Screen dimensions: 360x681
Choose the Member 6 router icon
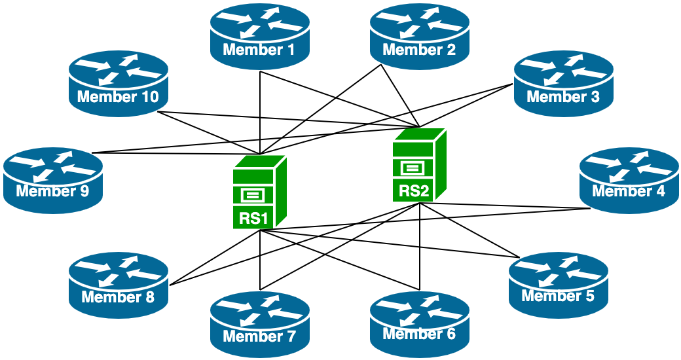(x=420, y=321)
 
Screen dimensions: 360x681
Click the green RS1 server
(x=259, y=191)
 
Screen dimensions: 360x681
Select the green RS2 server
(x=419, y=164)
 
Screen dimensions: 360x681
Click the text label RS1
(x=253, y=218)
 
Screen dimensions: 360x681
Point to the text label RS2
(x=414, y=191)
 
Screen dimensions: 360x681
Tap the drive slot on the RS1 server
(x=253, y=194)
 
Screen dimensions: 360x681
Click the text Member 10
(x=118, y=98)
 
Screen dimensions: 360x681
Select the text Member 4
(x=629, y=191)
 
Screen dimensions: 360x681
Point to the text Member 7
(x=259, y=337)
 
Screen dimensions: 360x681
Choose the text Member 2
(x=419, y=49)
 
